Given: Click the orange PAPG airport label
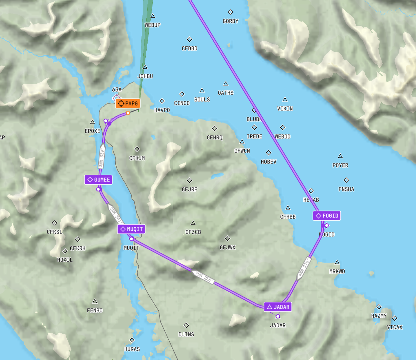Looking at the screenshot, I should (128, 104).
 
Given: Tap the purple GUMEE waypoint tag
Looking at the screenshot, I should (98, 180).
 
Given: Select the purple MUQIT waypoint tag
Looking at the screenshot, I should (131, 229).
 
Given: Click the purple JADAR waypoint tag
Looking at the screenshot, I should (278, 307).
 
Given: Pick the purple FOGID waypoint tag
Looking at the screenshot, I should (327, 216).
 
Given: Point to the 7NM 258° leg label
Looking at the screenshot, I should (204, 277).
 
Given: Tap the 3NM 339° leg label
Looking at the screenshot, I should (102, 158).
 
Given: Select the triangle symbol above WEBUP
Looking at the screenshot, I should (152, 16).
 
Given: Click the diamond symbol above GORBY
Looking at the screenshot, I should (230, 12).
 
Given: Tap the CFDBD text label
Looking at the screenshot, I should (189, 48).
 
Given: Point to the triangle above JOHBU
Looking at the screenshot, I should (145, 67).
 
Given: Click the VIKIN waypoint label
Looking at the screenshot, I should (285, 109).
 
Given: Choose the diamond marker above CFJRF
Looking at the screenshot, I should (189, 180).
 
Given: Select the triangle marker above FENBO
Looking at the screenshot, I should (95, 301).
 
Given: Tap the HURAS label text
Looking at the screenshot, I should (132, 349).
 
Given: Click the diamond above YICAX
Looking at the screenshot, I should (395, 318).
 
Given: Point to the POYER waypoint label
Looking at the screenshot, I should (340, 165).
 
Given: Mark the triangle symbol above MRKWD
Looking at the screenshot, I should (337, 262).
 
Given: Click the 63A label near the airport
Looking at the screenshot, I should (117, 90).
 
